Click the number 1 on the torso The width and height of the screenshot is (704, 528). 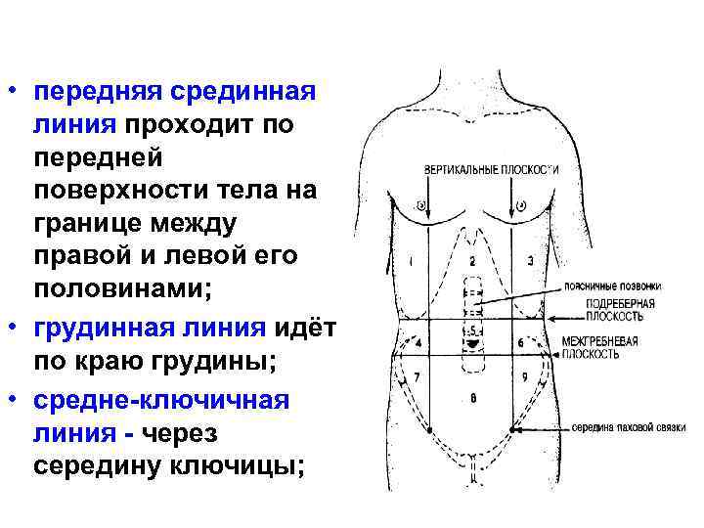point(413,262)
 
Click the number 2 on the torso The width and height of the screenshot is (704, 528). point(471,262)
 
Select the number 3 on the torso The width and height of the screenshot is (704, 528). point(529,261)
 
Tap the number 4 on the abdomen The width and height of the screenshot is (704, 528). point(418,344)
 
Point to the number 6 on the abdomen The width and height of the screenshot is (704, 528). point(520,343)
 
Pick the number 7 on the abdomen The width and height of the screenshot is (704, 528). point(418,376)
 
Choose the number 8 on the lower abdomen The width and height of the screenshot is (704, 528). point(473,398)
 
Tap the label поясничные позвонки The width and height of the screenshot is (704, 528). point(611,286)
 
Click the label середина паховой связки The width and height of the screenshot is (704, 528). point(628,427)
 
